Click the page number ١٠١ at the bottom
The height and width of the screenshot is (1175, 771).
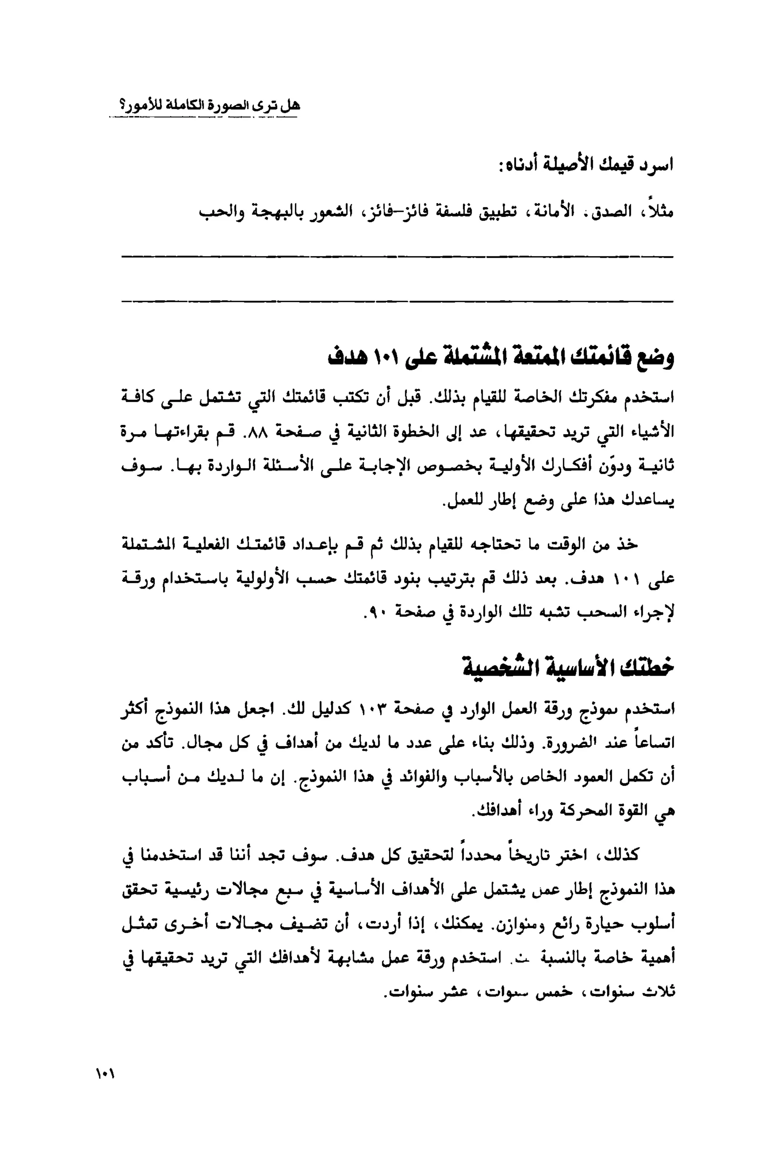pyautogui.click(x=105, y=1074)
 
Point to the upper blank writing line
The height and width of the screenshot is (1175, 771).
pyautogui.click(x=397, y=257)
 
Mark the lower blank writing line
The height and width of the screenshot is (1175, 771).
pyautogui.click(x=397, y=301)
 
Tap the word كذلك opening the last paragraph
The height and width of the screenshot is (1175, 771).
pyautogui.click(x=621, y=854)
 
